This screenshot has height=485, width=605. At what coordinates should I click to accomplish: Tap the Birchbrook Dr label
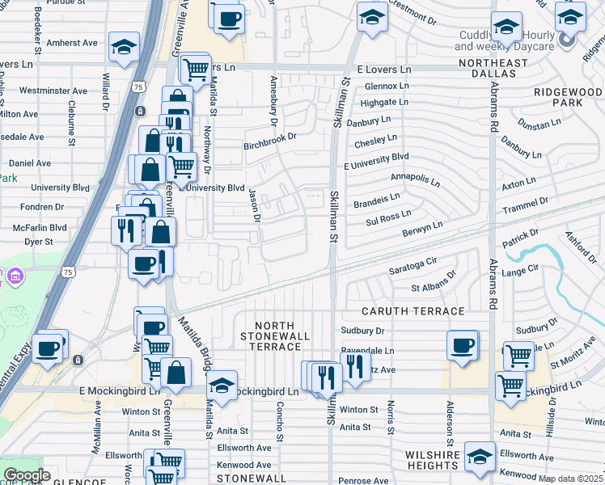coord(270,147)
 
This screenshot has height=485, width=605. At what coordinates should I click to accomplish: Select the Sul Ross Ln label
coord(388,216)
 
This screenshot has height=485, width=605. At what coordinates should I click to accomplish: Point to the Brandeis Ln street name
coord(377,200)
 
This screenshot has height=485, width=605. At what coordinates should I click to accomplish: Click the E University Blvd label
coord(376,161)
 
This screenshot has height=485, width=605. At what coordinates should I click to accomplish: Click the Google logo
coord(27,475)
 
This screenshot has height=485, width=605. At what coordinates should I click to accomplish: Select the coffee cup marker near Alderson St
coord(463,345)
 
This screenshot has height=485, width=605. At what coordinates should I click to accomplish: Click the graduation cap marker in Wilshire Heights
coord(480,458)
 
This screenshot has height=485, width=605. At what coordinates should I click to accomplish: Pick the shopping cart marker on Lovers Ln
coord(195,69)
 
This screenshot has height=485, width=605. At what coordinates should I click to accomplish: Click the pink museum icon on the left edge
coord(15,277)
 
